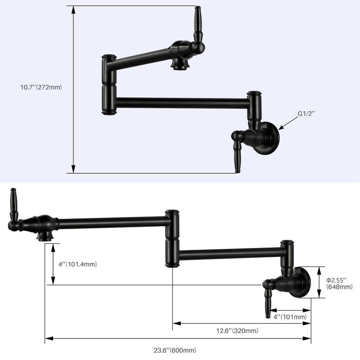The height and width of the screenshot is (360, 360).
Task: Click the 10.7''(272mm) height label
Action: [x=39, y=87]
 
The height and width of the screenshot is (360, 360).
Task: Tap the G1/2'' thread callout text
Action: [x=306, y=114]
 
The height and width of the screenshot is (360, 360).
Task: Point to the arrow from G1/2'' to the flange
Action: [x=288, y=123]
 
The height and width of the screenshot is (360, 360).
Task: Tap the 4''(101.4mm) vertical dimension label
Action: [x=78, y=264]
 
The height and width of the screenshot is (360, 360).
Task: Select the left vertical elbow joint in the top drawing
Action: [x=108, y=85]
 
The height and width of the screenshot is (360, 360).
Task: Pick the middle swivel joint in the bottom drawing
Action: [x=171, y=238]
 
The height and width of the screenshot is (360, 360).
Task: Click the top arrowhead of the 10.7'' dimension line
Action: [x=73, y=9]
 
